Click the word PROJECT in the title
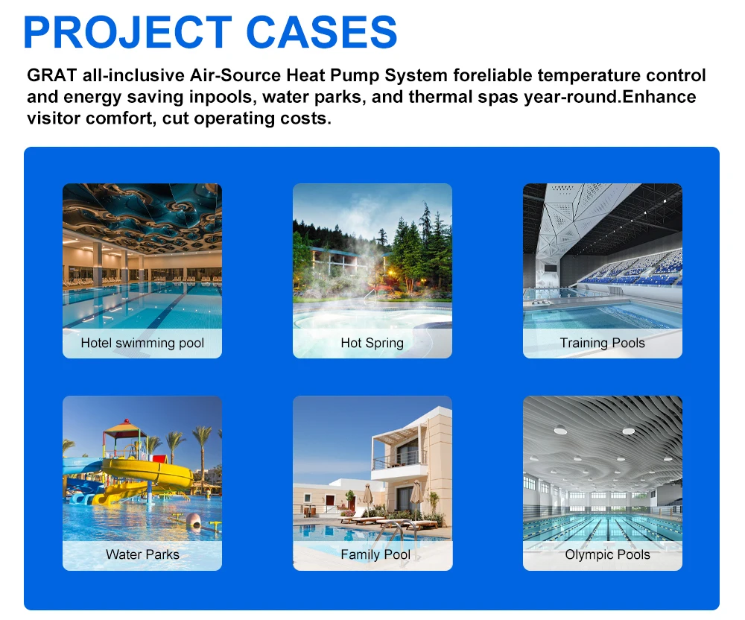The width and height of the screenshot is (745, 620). [x=128, y=32]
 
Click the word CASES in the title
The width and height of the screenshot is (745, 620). [x=322, y=32]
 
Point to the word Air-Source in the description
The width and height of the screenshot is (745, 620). [x=235, y=75]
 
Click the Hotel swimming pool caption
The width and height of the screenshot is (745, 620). [x=142, y=343]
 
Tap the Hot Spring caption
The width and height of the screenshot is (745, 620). [x=372, y=343]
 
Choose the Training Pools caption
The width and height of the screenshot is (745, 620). [x=603, y=343]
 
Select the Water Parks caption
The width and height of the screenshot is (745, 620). [x=142, y=554]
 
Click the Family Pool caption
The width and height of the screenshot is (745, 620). [x=375, y=554]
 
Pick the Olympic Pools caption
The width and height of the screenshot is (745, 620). [x=607, y=554]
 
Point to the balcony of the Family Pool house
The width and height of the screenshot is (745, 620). [x=399, y=460]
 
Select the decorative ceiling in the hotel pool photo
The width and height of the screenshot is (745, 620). [x=142, y=216]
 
